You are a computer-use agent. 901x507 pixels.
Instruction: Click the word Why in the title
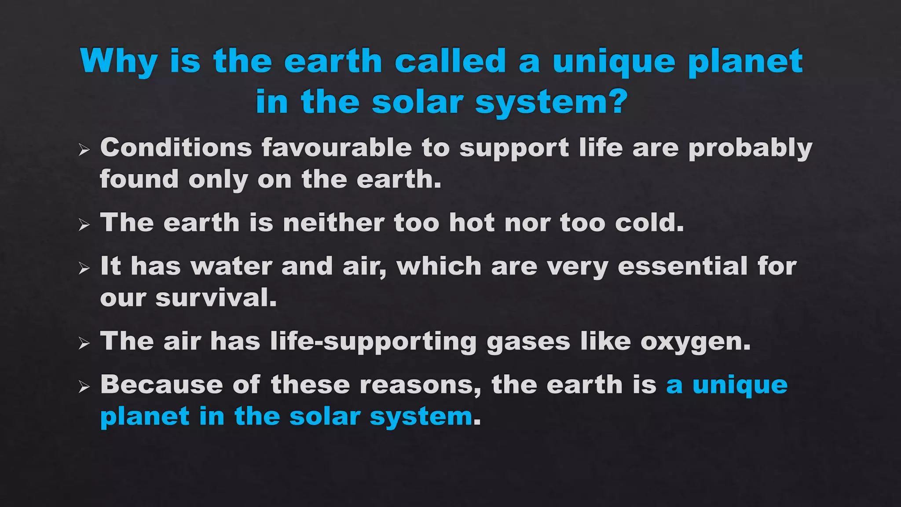[x=119, y=62]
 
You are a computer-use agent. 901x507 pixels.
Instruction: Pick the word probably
[x=750, y=148]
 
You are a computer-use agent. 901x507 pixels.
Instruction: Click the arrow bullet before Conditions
[x=84, y=150]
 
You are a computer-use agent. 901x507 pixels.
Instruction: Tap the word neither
[x=333, y=222]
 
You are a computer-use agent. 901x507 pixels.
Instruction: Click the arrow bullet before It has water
[x=84, y=268]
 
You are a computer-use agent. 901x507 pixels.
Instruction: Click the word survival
[x=216, y=298]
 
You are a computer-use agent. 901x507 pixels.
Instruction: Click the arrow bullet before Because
[x=84, y=387]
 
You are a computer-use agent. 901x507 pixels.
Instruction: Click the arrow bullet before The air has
[x=84, y=343]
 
